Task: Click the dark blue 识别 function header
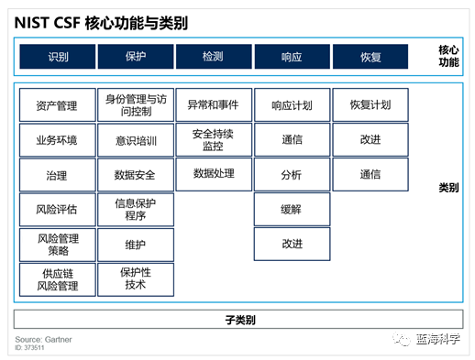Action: tap(57, 57)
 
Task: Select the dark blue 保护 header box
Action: tap(135, 57)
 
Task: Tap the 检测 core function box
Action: tap(213, 57)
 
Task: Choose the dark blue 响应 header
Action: tap(292, 57)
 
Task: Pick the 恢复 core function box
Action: tap(370, 57)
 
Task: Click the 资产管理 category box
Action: tap(57, 106)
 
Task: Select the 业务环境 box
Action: tap(57, 140)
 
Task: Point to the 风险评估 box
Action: tap(57, 210)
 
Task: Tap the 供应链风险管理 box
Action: tap(57, 279)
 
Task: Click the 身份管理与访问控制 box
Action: tap(135, 106)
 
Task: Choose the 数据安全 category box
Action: tap(135, 175)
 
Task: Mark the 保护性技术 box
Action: tap(135, 279)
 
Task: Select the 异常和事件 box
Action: tap(213, 104)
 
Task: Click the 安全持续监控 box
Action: tap(213, 139)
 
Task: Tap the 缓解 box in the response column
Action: tap(292, 210)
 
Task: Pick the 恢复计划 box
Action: tap(370, 104)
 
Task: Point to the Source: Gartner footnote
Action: tap(43, 340)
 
